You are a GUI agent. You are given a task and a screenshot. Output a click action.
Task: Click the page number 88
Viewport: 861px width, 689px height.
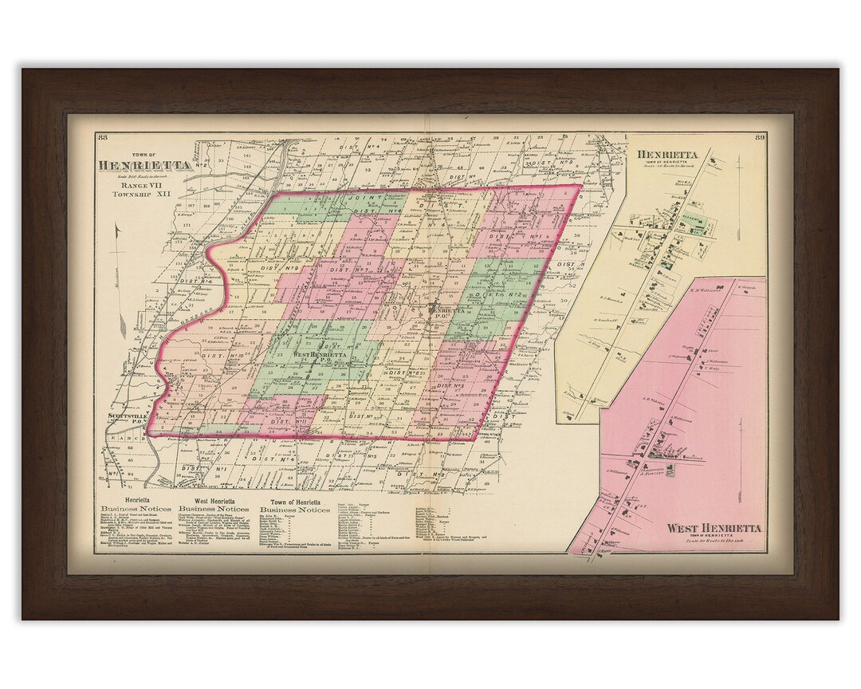point(102,138)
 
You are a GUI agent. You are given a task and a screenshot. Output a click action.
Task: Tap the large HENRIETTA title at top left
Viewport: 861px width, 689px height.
point(144,165)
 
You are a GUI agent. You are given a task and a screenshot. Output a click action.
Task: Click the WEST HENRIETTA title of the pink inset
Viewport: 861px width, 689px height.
point(714,529)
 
